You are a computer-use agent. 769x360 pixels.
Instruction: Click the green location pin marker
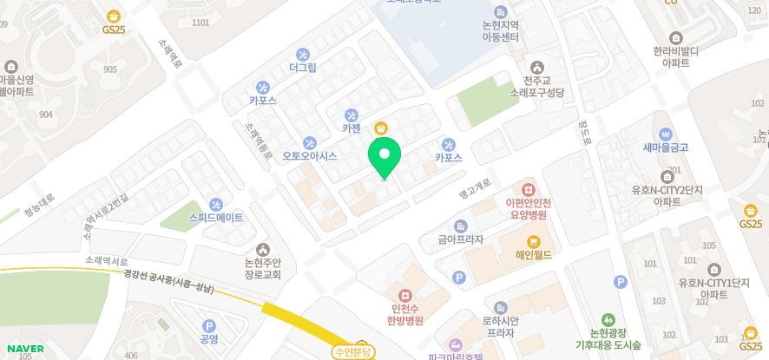coord(384,158)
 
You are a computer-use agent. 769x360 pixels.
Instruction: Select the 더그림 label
coord(303,67)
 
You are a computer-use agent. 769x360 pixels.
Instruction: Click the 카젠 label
coord(352,128)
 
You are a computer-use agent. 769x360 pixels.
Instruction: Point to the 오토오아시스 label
coord(309,157)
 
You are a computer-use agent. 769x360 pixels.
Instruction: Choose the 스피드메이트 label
coord(216,217)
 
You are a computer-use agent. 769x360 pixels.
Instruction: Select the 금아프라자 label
coord(460,239)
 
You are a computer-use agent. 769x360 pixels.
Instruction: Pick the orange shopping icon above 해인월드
coord(533,241)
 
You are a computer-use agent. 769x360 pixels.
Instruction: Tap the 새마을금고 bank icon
coord(666,134)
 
